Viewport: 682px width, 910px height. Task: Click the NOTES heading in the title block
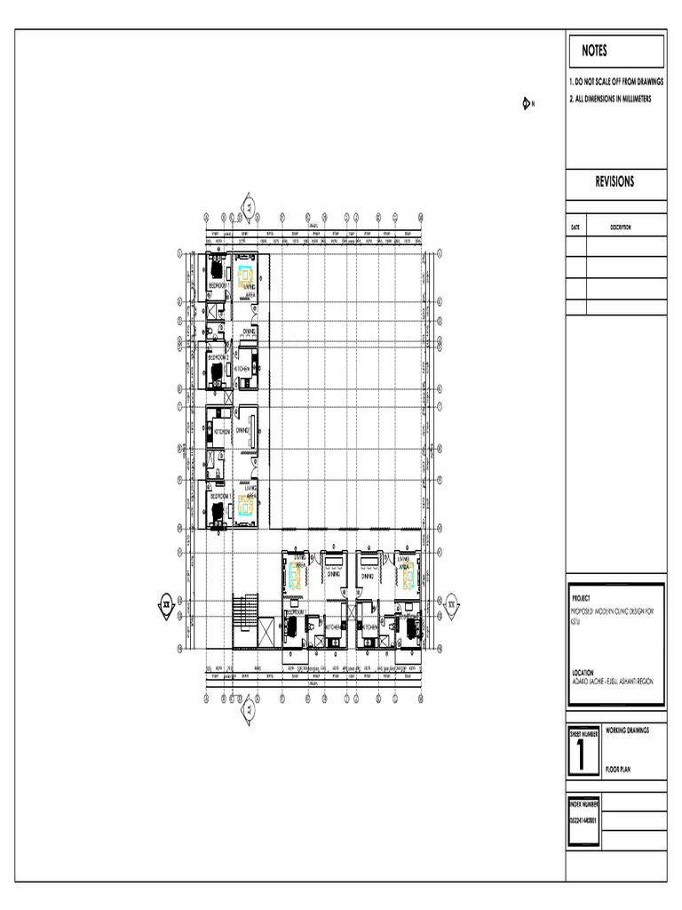pos(595,52)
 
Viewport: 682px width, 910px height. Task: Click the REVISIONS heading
pos(615,182)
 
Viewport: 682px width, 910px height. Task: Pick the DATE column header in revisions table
pos(575,227)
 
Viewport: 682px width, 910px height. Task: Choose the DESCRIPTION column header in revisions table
pos(620,227)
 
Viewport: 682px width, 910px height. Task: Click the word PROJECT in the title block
pos(581,599)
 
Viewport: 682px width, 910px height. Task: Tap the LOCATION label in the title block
pos(583,672)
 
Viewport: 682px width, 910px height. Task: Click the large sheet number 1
pos(582,755)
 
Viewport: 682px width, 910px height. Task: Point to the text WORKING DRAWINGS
pos(627,730)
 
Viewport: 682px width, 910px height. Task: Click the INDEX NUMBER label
pos(583,802)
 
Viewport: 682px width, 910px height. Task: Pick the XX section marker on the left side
pos(165,603)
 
